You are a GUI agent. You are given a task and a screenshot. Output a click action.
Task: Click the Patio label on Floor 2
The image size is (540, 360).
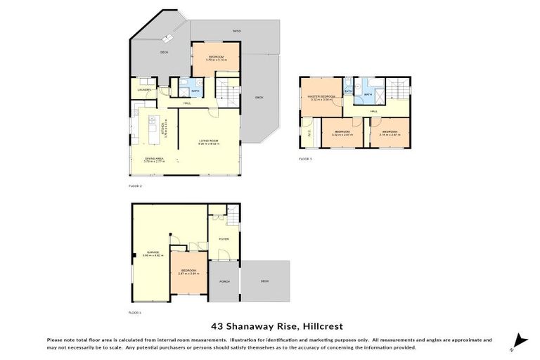coord(238,32)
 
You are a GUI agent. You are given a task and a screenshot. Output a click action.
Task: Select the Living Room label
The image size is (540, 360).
coord(208,142)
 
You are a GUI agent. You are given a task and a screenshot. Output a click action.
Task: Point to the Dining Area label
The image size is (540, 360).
coord(155,160)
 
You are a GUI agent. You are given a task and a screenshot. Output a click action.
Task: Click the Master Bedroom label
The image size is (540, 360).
coord(320,98)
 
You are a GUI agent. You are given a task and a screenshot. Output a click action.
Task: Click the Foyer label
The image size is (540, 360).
coord(224,239)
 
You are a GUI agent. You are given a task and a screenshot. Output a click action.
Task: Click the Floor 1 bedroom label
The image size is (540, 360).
coord(188,271)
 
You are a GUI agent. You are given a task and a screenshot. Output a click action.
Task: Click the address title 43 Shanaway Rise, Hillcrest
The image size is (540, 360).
coord(270,326)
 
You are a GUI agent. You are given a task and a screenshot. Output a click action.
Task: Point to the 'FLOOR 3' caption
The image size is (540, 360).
coord(304,160)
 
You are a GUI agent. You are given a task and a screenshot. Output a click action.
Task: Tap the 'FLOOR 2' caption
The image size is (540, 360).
coord(135,186)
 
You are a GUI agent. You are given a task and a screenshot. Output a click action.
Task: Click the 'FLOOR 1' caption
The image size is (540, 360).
coord(135,311)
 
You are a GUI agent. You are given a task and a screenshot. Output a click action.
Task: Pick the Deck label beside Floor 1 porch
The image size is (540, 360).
coord(265,281)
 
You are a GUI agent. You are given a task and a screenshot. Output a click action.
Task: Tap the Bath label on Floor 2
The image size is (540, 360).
coord(195,91)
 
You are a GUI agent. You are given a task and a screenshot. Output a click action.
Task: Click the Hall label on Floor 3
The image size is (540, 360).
coord(374,111)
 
